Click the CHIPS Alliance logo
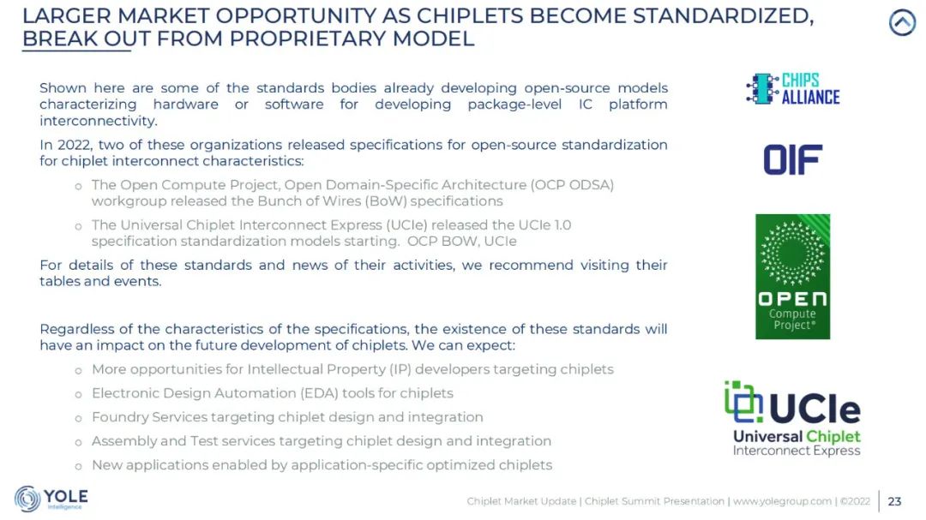coord(792,89)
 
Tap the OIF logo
coord(792,160)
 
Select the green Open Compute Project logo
coord(792,276)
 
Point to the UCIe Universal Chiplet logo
coord(792,418)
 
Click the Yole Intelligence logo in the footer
coord(51,499)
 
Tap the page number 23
coord(894,501)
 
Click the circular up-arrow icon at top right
coord(902,23)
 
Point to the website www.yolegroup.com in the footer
coord(782,501)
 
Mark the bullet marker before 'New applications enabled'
coord(78,466)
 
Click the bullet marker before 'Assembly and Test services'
coord(78,442)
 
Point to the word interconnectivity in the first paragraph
coord(98,121)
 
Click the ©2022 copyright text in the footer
coord(855,501)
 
